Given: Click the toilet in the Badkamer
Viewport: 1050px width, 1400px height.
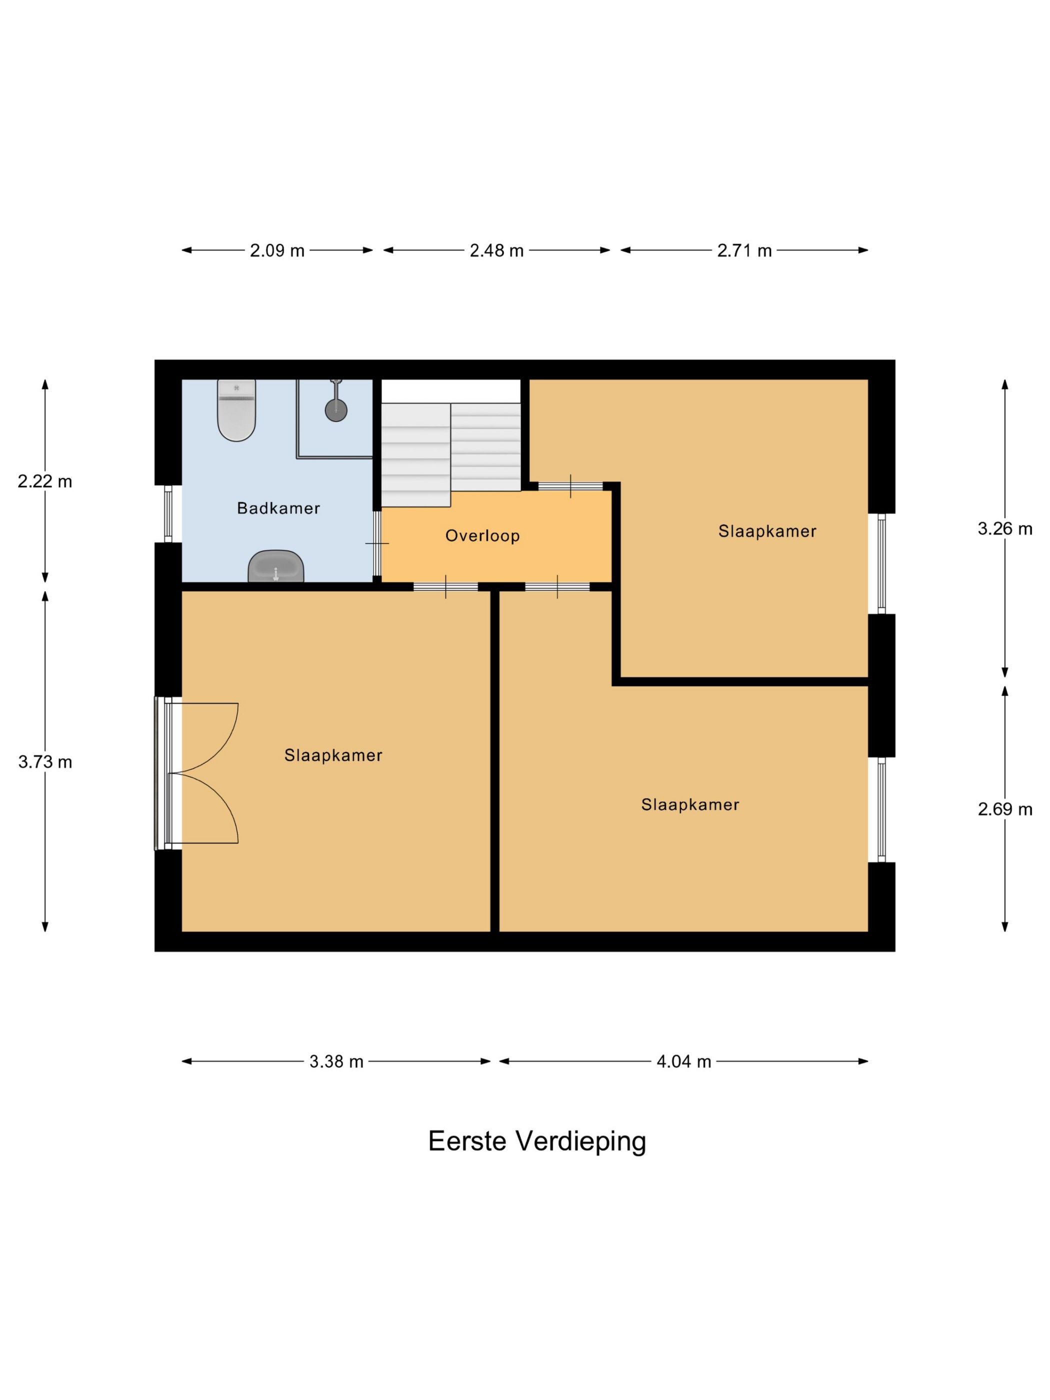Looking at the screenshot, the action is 236,409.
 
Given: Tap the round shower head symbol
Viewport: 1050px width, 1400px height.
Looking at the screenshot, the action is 336,409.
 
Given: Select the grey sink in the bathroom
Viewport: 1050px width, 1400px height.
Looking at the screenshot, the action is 275,566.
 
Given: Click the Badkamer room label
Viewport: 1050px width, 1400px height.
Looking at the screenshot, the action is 278,507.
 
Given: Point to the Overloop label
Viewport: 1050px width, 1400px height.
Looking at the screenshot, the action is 482,535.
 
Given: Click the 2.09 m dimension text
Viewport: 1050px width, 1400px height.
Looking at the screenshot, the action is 277,250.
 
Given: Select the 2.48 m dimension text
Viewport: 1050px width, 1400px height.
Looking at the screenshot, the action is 497,250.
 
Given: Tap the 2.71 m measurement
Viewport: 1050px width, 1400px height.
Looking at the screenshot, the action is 744,250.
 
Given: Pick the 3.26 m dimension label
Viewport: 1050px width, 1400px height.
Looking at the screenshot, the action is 1005,528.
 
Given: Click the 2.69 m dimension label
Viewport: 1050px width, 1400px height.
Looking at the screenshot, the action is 1005,809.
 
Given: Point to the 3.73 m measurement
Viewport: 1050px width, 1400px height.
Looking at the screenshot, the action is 45,762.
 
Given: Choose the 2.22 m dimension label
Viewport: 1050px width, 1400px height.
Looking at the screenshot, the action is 45,481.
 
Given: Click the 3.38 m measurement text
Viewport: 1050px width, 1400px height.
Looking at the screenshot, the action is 336,1061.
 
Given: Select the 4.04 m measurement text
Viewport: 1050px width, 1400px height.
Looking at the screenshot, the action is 683,1061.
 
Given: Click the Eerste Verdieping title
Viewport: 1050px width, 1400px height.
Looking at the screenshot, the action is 537,1141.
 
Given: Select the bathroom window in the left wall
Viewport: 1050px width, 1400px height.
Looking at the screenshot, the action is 168,514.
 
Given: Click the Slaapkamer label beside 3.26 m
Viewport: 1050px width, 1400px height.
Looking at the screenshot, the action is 767,531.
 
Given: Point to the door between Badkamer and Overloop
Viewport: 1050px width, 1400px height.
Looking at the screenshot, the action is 377,543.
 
